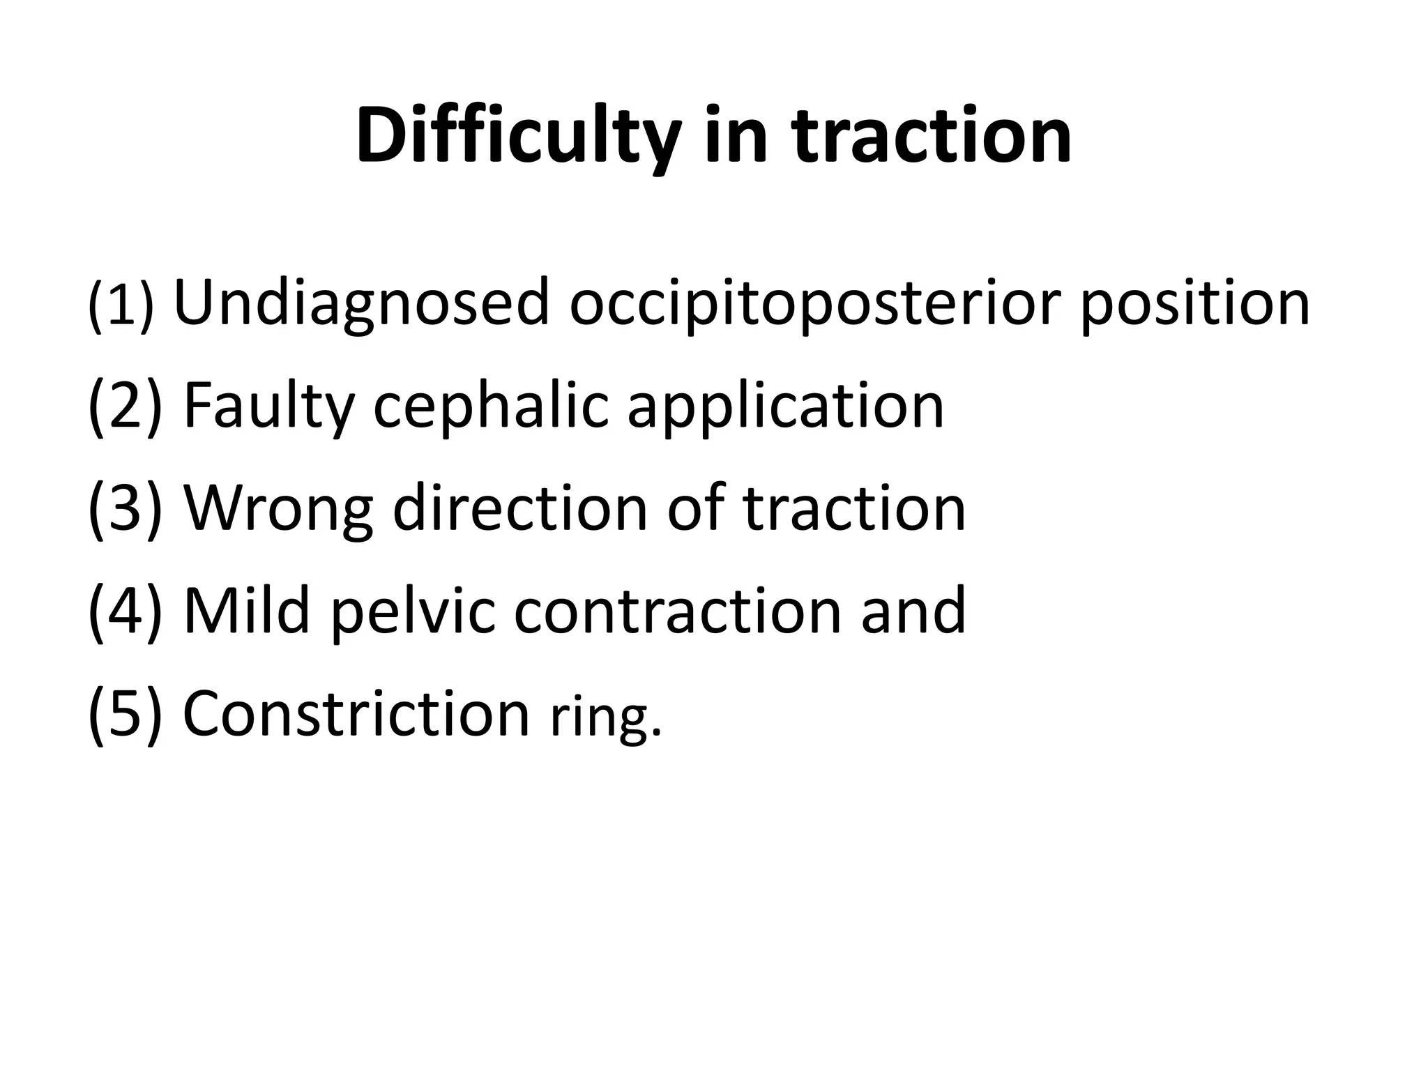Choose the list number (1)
click(120, 305)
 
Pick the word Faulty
click(268, 406)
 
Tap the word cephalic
click(492, 406)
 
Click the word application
click(786, 406)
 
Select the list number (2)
click(125, 406)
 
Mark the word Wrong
click(278, 508)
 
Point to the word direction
click(520, 508)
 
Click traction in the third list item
click(854, 508)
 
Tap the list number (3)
click(125, 508)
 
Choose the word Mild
click(247, 611)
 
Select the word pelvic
click(412, 611)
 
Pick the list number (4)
click(125, 611)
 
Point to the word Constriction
click(356, 713)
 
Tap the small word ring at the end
click(603, 718)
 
